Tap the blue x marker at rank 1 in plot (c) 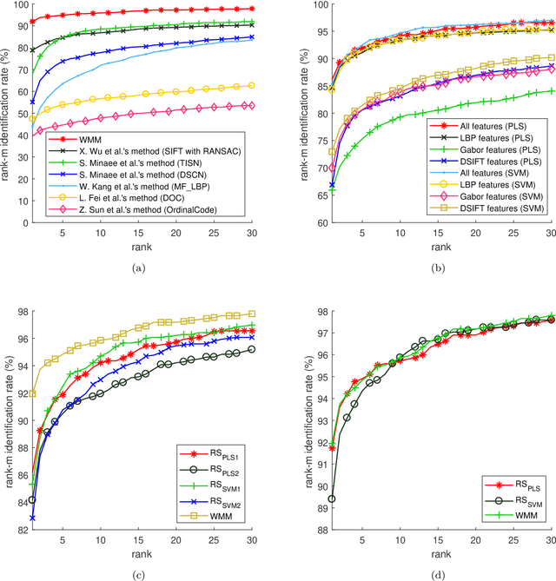click(32, 518)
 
